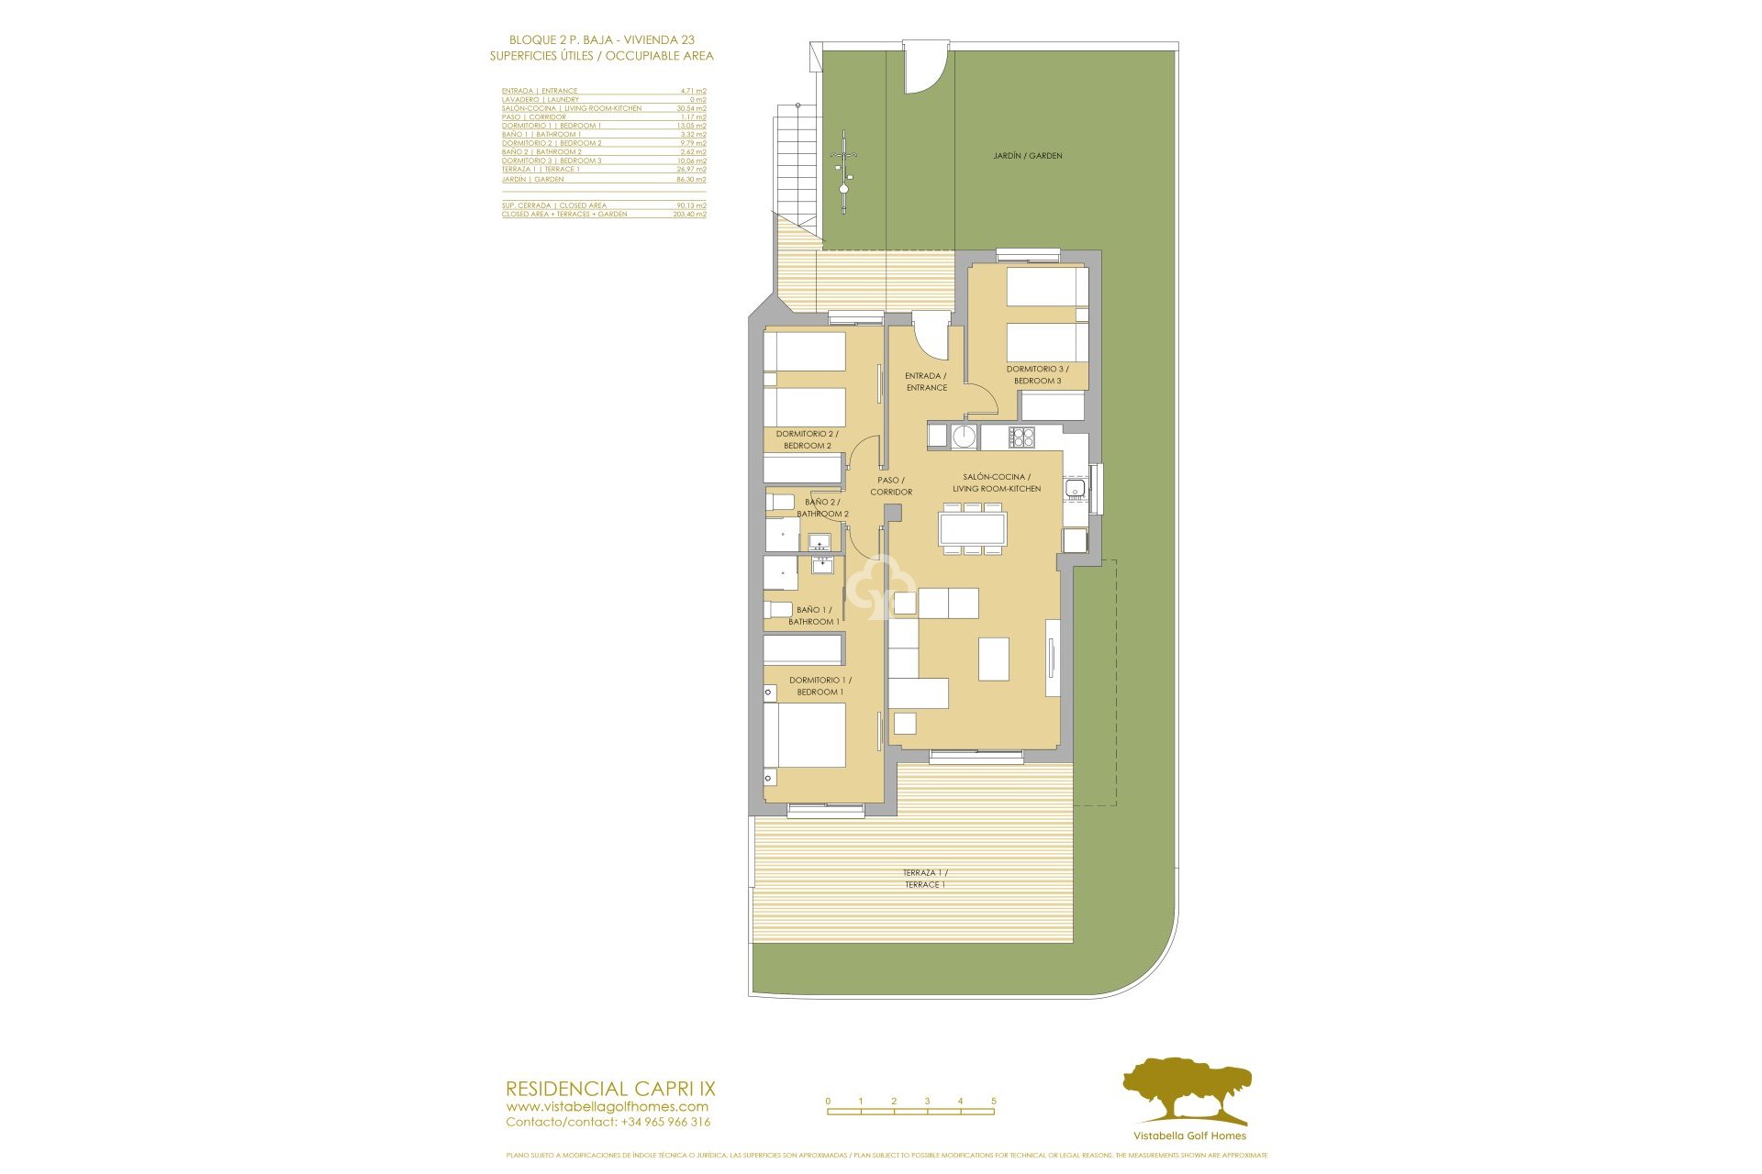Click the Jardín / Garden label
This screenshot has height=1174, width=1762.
(x=1027, y=156)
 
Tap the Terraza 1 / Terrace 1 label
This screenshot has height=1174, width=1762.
(x=924, y=879)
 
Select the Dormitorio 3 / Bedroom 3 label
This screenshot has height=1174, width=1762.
(x=1037, y=375)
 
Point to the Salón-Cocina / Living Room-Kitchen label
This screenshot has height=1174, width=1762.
(x=997, y=482)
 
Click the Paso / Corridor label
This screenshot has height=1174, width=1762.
(x=890, y=486)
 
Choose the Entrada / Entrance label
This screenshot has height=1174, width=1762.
(x=926, y=382)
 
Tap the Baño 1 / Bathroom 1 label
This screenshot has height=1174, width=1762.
(x=813, y=615)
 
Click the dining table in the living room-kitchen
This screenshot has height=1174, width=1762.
(x=973, y=529)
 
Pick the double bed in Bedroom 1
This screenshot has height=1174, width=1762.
(x=805, y=735)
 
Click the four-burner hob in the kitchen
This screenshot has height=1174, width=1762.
(x=1022, y=437)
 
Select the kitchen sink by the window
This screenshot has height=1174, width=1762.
(x=1075, y=489)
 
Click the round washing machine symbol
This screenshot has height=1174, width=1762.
(x=964, y=437)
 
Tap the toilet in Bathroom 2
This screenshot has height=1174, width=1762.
(x=780, y=503)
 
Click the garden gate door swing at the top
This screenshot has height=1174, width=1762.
(x=925, y=69)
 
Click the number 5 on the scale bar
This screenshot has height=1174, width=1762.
(x=993, y=1101)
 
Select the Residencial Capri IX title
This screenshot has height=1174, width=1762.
(x=610, y=1089)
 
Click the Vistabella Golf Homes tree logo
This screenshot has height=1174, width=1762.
(x=1187, y=1091)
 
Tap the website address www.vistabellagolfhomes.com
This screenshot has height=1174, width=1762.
(x=607, y=1106)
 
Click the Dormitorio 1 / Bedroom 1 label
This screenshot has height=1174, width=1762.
(x=820, y=686)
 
